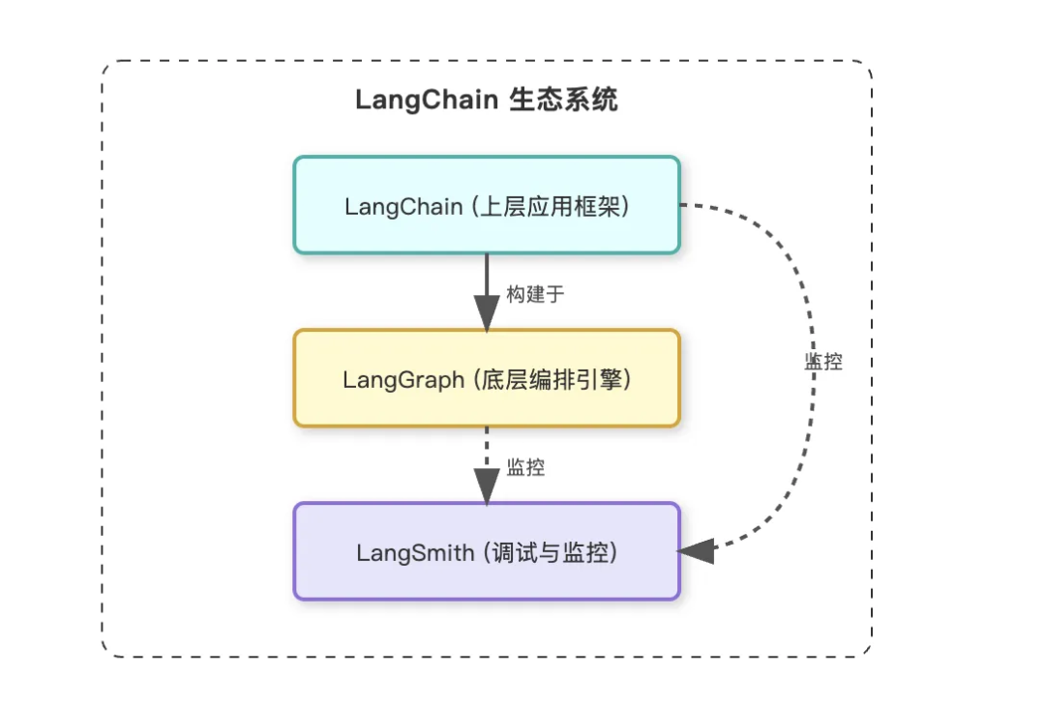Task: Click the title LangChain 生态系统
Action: point(487,100)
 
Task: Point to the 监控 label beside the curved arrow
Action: point(823,362)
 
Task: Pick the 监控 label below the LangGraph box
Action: point(526,467)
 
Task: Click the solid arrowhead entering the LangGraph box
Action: point(486,313)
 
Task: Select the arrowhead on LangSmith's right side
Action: point(696,551)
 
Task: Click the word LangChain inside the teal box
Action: point(403,206)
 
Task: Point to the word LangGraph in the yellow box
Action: point(403,379)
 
